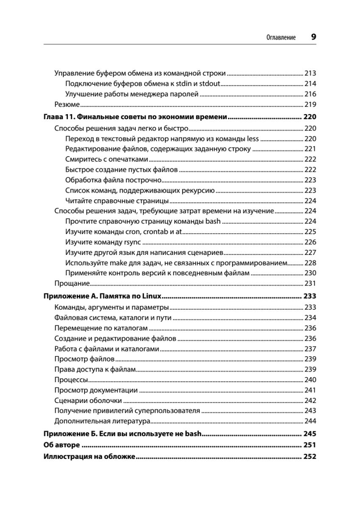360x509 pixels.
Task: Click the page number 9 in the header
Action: click(x=313, y=36)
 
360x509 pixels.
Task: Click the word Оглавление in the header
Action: click(x=280, y=37)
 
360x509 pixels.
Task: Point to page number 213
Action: click(x=311, y=73)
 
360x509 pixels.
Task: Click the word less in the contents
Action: click(x=252, y=139)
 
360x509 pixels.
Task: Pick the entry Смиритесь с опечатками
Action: click(x=107, y=159)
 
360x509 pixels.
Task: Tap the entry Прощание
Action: click(x=72, y=284)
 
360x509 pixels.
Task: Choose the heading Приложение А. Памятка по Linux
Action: click(x=104, y=296)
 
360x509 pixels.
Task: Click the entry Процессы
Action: click(x=71, y=380)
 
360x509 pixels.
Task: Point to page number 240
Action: click(x=311, y=380)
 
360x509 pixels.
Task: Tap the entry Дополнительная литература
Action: click(x=103, y=421)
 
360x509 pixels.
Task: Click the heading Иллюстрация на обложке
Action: click(x=89, y=457)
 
